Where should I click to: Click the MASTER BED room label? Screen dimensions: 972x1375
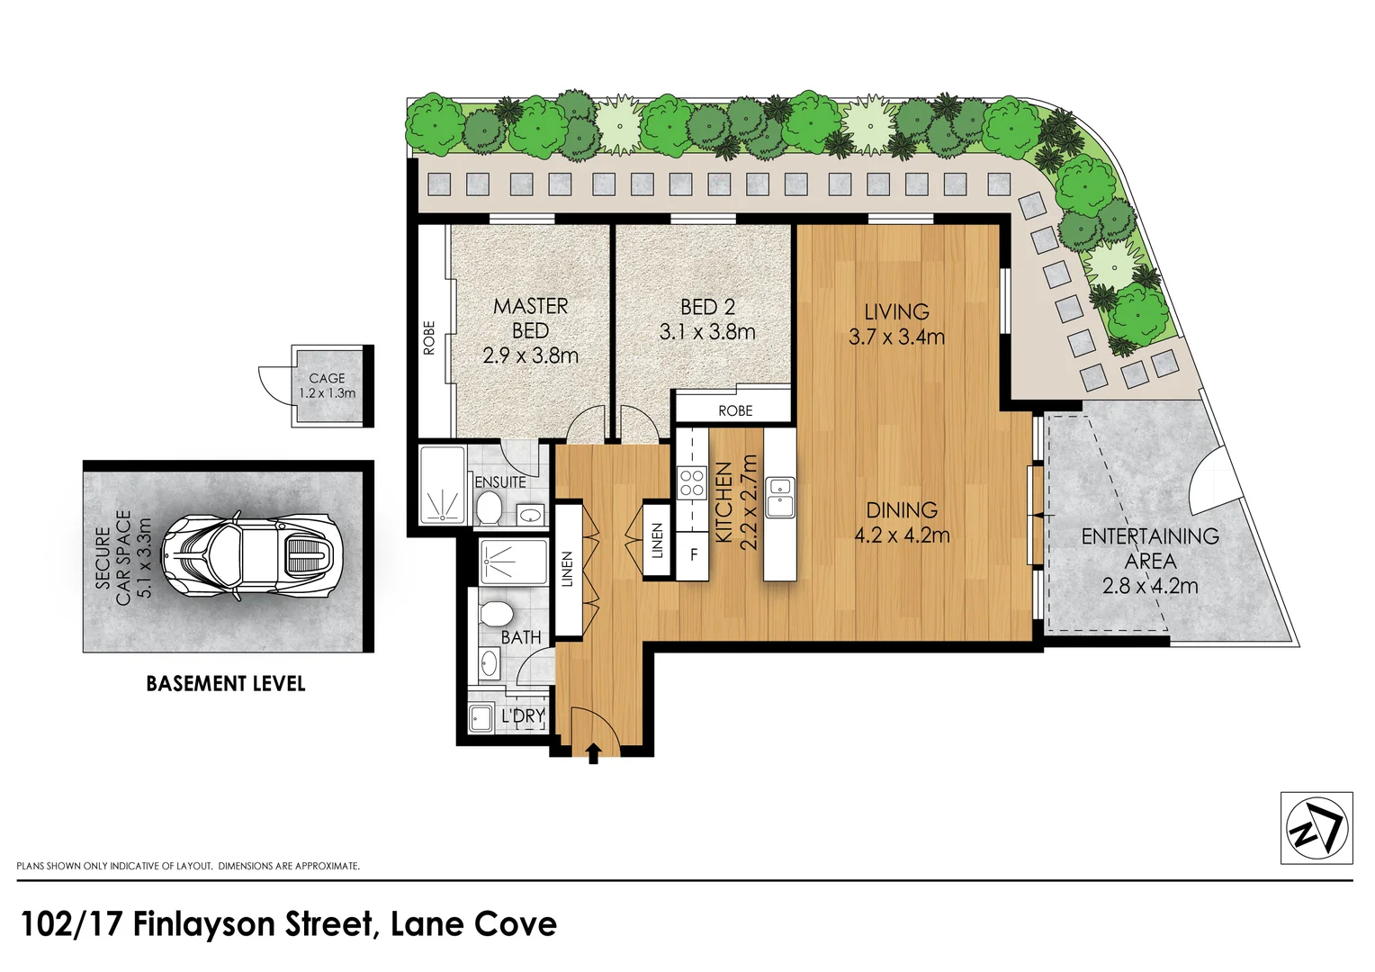pyautogui.click(x=530, y=319)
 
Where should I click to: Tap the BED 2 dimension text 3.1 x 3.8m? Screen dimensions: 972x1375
pyautogui.click(x=707, y=332)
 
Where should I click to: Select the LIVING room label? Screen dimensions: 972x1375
pyautogui.click(x=896, y=312)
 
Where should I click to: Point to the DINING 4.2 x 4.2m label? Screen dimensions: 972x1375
pyautogui.click(x=902, y=523)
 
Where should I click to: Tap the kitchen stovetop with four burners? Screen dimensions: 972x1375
pyautogui.click(x=692, y=483)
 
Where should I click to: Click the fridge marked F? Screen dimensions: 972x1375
pyautogui.click(x=694, y=554)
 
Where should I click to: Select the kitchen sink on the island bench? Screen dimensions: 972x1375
pyautogui.click(x=779, y=498)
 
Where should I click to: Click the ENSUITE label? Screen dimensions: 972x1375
pyautogui.click(x=500, y=482)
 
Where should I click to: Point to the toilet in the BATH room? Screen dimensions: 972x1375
pyautogui.click(x=496, y=615)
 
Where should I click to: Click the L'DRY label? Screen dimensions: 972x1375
pyautogui.click(x=523, y=716)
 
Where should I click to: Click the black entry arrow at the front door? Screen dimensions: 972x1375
pyautogui.click(x=593, y=753)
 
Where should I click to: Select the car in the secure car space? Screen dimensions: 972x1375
pyautogui.click(x=251, y=557)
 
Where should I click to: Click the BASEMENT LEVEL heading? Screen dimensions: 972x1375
pyautogui.click(x=226, y=684)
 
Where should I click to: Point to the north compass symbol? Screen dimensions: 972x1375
pyautogui.click(x=1316, y=828)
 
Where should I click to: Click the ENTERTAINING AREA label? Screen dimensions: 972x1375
pyautogui.click(x=1150, y=548)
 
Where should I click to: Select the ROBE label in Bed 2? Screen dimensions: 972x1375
pyautogui.click(x=735, y=410)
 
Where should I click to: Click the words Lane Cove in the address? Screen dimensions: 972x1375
pyautogui.click(x=473, y=924)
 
